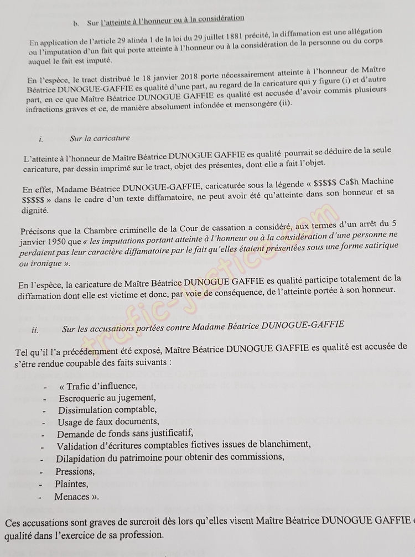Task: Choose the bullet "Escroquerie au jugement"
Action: point(107,398)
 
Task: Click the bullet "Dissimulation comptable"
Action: point(107,410)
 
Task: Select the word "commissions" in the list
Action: point(258,457)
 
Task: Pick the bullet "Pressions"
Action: point(75,471)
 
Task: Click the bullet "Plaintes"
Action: point(71,484)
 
